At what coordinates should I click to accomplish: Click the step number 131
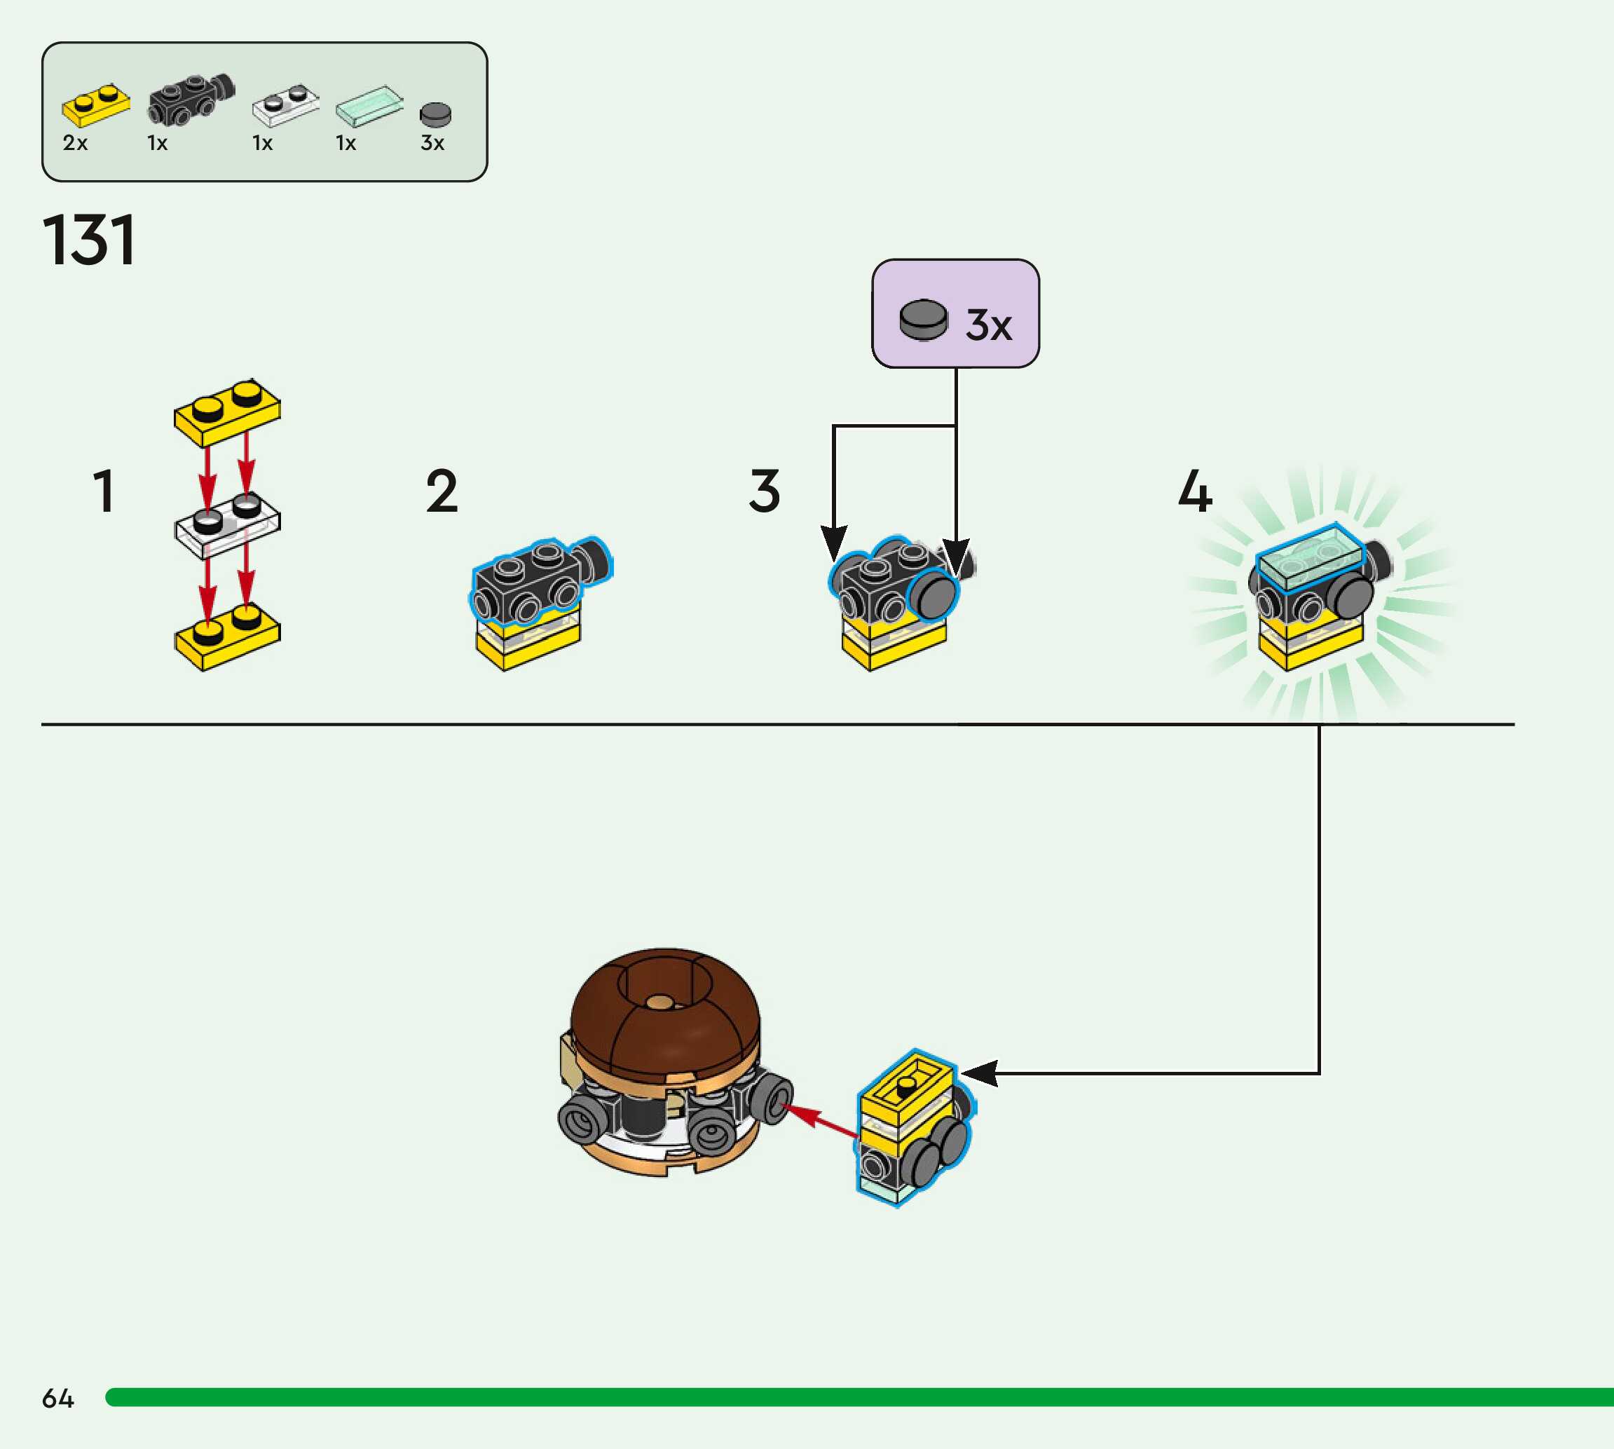(88, 240)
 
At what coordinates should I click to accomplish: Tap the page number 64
(57, 1398)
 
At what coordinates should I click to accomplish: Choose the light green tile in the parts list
(369, 106)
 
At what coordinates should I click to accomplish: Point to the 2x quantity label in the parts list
(75, 143)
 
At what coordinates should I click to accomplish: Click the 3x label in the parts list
(432, 143)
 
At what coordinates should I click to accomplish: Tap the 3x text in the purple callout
(988, 325)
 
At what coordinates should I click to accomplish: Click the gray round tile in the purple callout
(923, 320)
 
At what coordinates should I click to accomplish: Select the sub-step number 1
(104, 491)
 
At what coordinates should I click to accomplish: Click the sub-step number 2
(442, 491)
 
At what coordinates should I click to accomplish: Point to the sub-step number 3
(764, 491)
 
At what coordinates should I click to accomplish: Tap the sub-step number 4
(1195, 491)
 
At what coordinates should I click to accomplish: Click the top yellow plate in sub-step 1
(227, 412)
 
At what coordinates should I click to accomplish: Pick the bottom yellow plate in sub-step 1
(227, 637)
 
